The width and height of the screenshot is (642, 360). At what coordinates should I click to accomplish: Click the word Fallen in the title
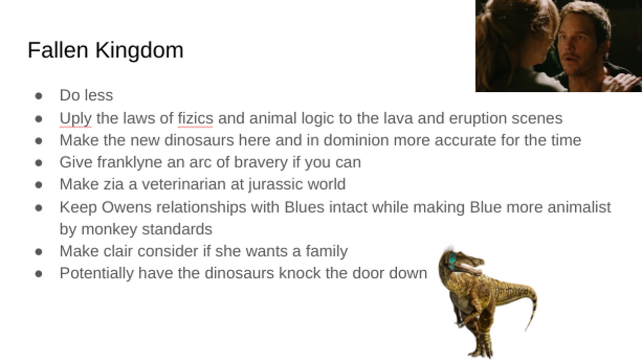point(58,50)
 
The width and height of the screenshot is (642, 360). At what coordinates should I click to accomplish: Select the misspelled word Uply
point(76,119)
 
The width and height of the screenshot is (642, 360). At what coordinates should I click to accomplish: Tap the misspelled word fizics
point(195,118)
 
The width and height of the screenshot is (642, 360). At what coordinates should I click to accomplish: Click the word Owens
point(126,207)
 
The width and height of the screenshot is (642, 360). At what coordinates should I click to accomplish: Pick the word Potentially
point(97,274)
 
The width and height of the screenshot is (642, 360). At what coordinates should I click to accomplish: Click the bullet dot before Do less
point(39,96)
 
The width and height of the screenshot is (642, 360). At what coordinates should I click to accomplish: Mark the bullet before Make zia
point(39,185)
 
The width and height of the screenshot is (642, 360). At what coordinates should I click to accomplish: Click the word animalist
point(579,207)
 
